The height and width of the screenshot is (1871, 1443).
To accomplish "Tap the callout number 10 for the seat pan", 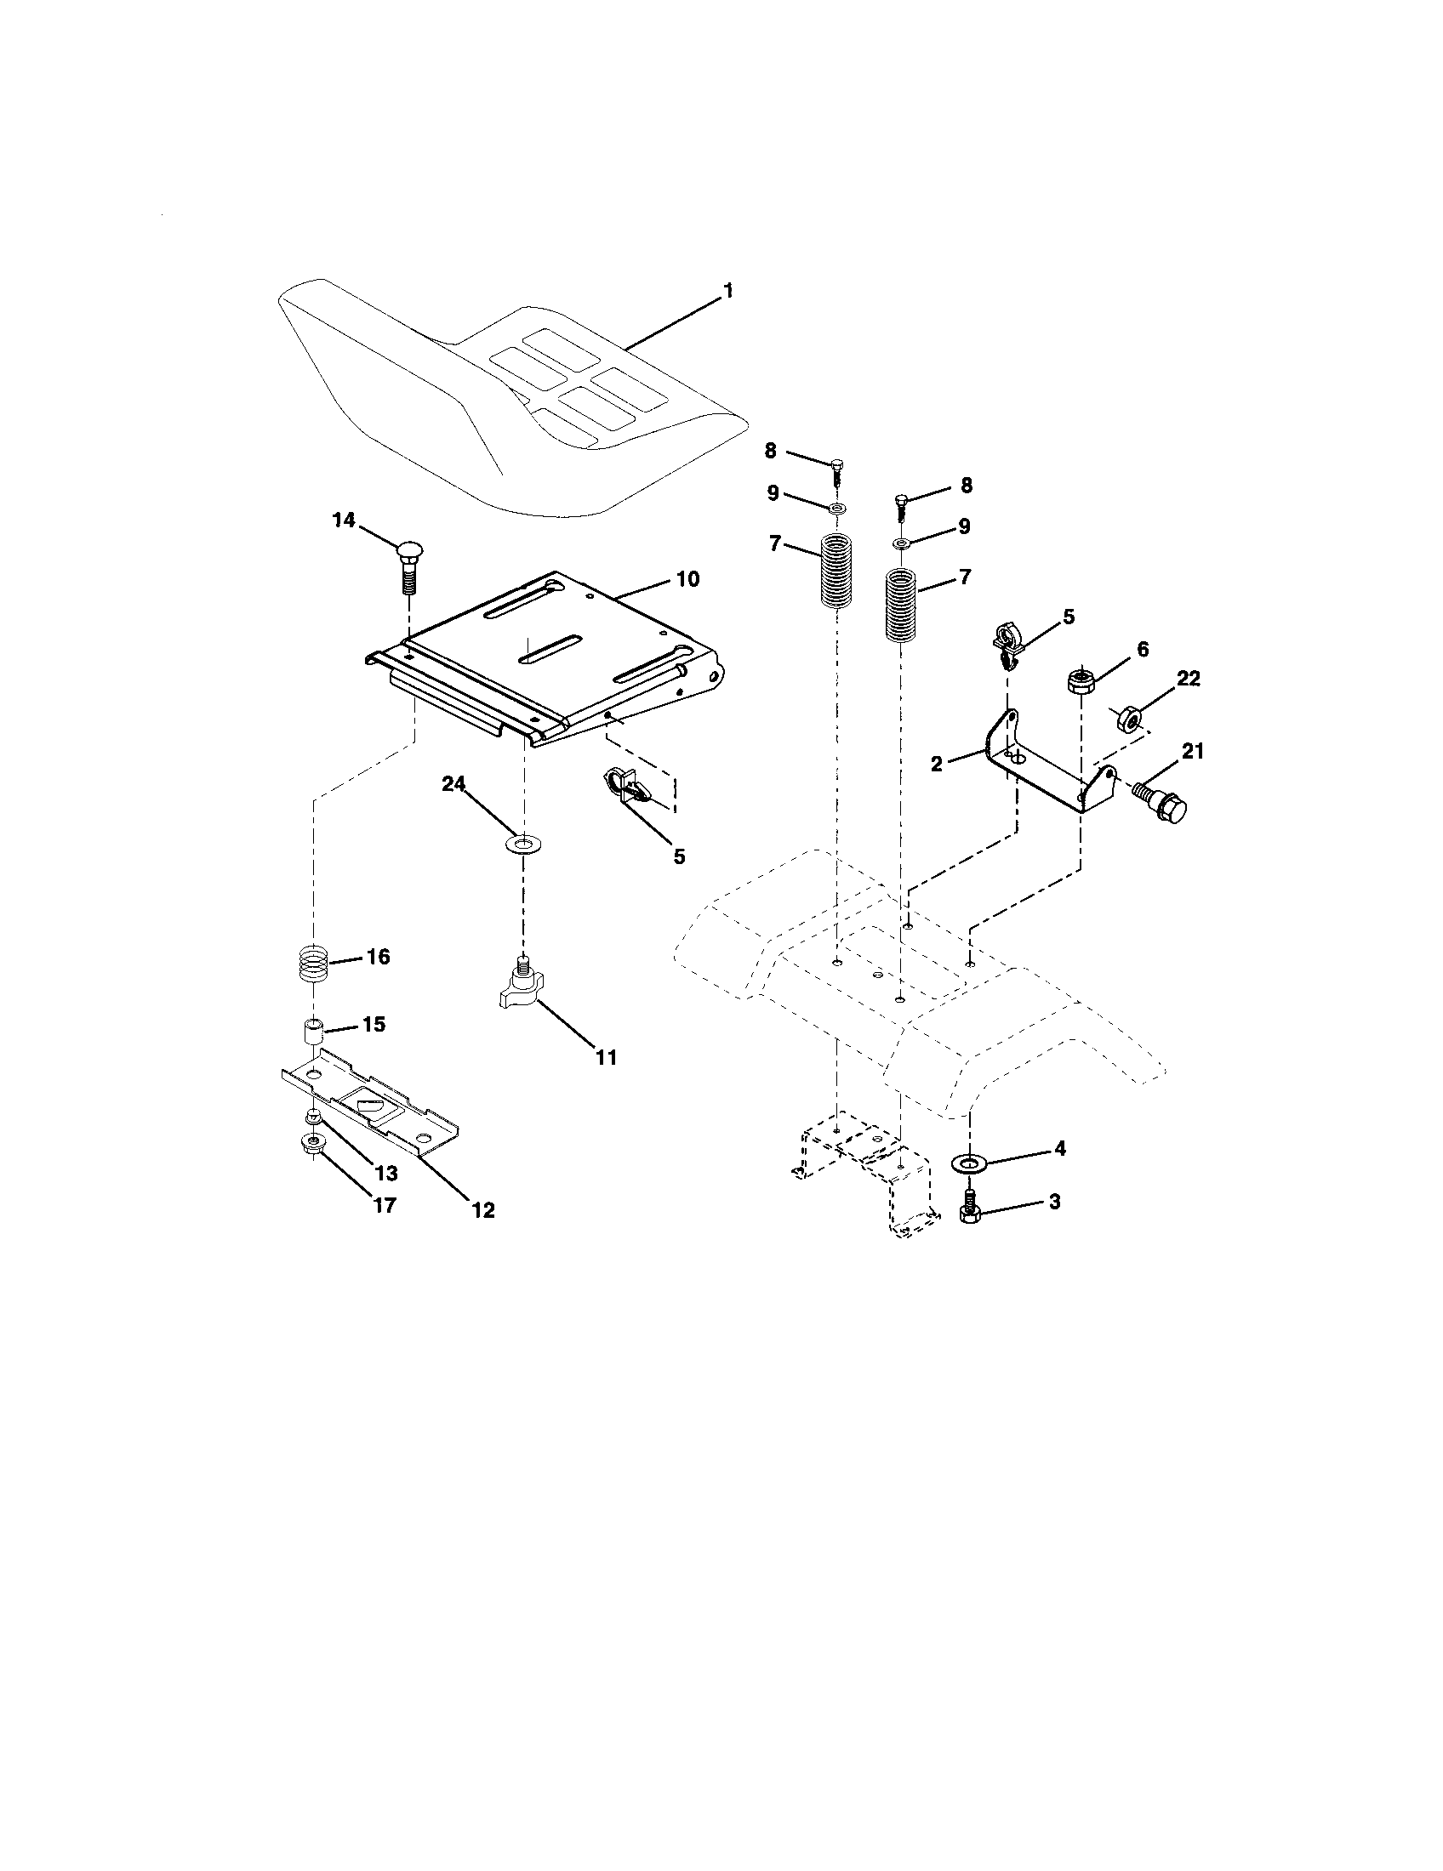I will [x=688, y=579].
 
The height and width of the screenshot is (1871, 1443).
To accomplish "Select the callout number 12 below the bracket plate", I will [x=482, y=1209].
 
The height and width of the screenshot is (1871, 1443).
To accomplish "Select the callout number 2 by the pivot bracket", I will [x=937, y=764].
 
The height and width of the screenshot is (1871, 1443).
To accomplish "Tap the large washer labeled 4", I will [x=970, y=1163].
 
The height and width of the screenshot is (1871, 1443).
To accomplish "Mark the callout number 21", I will [x=1193, y=751].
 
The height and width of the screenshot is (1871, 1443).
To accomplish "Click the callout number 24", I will [x=454, y=783].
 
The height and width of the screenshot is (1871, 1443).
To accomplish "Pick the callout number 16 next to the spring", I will [x=378, y=956].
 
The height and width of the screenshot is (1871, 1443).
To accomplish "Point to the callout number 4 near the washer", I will [x=1059, y=1149].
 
